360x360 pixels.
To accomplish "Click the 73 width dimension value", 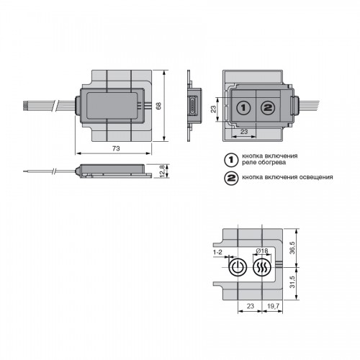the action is (x=116, y=148).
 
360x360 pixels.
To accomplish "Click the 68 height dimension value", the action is (x=158, y=106).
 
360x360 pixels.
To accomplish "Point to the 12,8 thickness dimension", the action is (x=163, y=171).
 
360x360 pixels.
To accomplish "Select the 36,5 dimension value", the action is (x=292, y=248).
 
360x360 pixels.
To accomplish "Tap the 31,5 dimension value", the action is (x=292, y=282).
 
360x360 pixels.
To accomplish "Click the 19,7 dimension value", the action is (x=274, y=306).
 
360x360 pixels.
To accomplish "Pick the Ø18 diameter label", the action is (x=262, y=251).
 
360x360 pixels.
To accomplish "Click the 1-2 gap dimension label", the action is (x=217, y=252).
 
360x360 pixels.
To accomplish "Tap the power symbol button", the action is (x=238, y=267).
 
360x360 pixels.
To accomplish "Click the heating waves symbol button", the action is (x=262, y=267).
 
